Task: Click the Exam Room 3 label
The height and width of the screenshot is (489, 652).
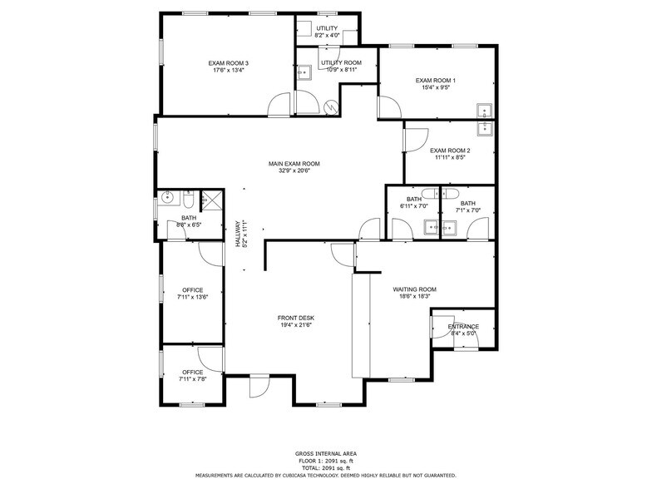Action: [228, 63]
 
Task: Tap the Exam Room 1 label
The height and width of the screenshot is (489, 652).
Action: [436, 80]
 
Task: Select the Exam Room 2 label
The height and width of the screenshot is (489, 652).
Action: [450, 151]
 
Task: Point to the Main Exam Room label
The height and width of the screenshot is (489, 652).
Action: [294, 164]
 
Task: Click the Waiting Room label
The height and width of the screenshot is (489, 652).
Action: [414, 289]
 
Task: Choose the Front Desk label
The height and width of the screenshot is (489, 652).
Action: [295, 318]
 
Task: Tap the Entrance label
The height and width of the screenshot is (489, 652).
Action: [463, 326]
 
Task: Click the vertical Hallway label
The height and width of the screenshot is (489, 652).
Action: [237, 235]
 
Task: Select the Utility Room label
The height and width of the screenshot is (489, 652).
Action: [341, 62]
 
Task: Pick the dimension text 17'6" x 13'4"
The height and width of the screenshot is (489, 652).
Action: [228, 71]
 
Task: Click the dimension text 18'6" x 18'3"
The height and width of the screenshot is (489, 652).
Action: [414, 297]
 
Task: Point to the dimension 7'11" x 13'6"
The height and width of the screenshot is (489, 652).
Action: [192, 297]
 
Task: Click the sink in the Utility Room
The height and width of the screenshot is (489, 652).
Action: [304, 72]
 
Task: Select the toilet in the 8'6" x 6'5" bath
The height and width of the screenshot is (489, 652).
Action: [189, 200]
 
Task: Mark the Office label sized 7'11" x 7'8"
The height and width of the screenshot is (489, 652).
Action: [192, 372]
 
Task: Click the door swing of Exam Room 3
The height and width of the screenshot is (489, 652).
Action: [278, 106]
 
